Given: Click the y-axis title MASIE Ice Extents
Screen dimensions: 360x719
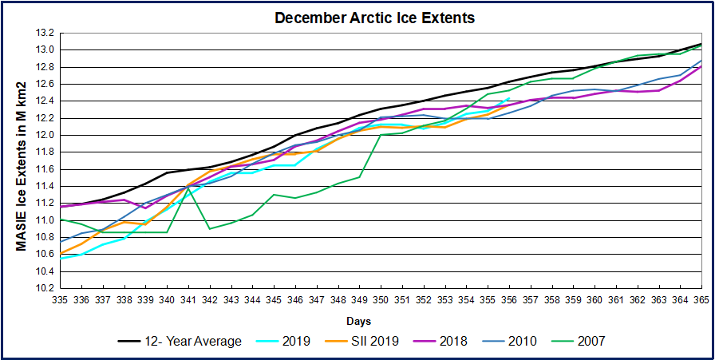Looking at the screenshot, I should [x=23, y=166].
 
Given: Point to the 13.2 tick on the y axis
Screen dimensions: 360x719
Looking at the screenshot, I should [x=45, y=33].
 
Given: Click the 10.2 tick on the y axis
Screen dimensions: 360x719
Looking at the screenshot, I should [x=45, y=288].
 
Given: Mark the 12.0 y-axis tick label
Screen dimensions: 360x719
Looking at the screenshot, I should [x=45, y=135].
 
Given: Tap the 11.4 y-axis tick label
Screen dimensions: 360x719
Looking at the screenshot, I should [x=45, y=186].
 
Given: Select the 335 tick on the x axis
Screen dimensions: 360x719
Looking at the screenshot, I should [x=61, y=299].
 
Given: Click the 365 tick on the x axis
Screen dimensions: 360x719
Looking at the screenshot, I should [x=701, y=299].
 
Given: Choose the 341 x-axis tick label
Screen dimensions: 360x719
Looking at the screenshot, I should [x=188, y=299].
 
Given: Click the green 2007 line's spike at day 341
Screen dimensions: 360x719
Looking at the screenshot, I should [x=188, y=188].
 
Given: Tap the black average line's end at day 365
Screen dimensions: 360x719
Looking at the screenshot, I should [x=701, y=44].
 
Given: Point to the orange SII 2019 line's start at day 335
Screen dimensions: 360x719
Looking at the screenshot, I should [x=61, y=253].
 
